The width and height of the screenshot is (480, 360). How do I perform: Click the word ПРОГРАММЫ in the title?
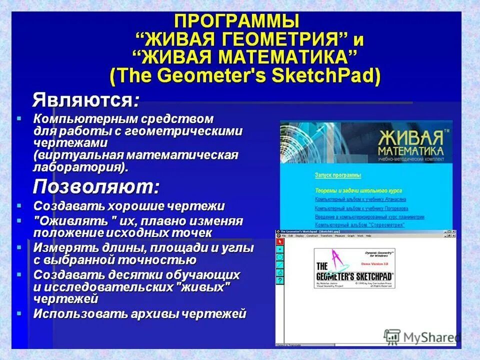[x=236, y=21]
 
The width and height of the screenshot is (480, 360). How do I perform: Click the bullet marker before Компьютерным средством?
[x=19, y=119]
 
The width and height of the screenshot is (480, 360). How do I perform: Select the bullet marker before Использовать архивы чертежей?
[x=19, y=314]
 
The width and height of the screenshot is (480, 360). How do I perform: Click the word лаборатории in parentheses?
[x=78, y=166]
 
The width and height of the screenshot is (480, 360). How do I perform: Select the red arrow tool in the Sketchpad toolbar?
[x=280, y=241]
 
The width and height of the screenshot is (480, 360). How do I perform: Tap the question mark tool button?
[x=280, y=280]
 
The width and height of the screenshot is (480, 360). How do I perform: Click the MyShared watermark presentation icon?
[x=392, y=336]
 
